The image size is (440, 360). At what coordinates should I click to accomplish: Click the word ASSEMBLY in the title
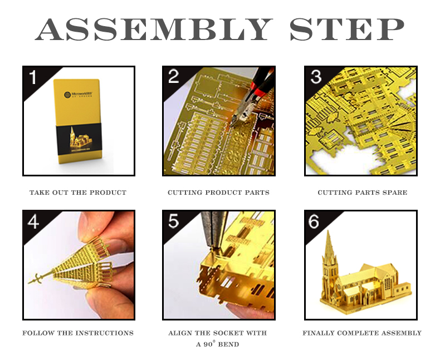tap(154, 29)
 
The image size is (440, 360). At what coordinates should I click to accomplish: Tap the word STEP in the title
tap(347, 29)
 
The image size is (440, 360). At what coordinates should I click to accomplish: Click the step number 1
tap(33, 77)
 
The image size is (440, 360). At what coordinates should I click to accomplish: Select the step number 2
tap(173, 76)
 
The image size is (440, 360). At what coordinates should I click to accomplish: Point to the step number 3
tap(316, 77)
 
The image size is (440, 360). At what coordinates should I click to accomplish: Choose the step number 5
tap(173, 221)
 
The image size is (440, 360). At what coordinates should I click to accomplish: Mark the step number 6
tap(314, 221)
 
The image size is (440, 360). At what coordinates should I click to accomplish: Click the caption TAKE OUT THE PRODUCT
tap(78, 193)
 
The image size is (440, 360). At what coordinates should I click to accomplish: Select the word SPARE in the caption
tap(396, 193)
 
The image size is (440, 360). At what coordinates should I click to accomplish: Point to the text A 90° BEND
tap(217, 344)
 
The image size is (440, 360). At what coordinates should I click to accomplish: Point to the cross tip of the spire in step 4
tap(36, 279)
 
